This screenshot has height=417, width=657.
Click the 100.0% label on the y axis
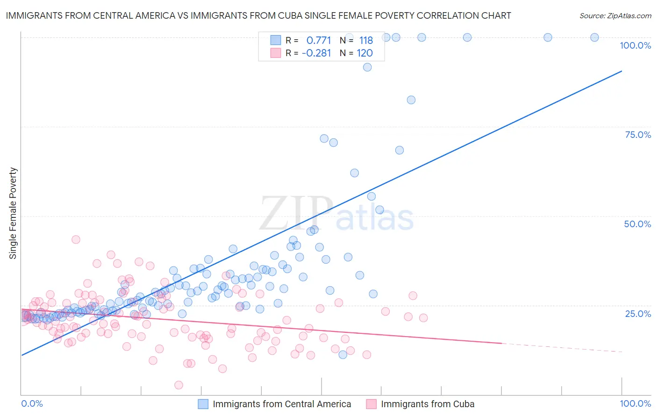point(635,45)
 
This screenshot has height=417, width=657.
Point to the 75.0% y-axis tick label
point(638,135)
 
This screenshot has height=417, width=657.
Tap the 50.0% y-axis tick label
point(637,224)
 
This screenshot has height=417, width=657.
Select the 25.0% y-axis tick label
point(638,314)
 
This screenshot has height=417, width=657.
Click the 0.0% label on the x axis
point(32,403)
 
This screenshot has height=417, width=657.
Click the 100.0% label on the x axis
point(635,403)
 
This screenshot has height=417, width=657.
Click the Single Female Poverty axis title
point(13,213)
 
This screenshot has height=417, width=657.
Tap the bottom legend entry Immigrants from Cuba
point(427,404)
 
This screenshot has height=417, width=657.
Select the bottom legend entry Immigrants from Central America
point(281,404)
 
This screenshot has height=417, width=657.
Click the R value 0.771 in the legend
point(319,41)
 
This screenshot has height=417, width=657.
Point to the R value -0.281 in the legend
point(316,53)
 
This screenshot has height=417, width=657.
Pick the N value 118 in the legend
point(366,41)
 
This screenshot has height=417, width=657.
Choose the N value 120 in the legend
point(364,53)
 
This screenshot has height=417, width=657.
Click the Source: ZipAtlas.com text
point(615,16)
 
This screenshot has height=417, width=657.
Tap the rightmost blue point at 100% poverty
point(594,37)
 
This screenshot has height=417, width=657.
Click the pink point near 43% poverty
point(76,239)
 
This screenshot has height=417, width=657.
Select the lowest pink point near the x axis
point(179,385)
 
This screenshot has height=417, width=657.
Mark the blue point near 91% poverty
point(367,67)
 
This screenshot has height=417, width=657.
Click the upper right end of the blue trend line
point(621,71)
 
